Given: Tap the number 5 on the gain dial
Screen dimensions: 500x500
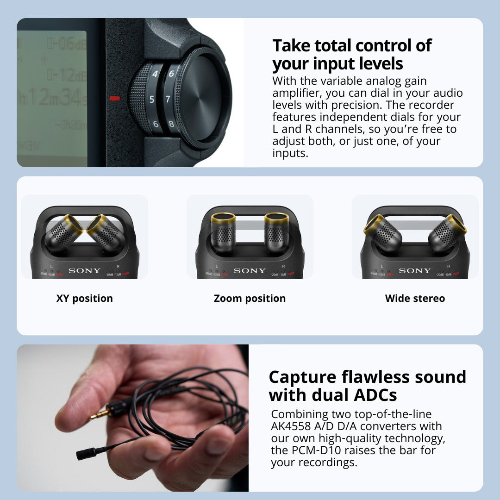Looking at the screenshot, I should pos(152,99).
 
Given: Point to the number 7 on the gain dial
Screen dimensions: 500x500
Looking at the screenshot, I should pos(168,99).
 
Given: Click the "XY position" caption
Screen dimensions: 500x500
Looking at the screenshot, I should pos(84,299).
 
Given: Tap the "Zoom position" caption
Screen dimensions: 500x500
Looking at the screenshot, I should pos(250,299).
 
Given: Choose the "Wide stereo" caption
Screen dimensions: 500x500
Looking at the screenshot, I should pos(415,299).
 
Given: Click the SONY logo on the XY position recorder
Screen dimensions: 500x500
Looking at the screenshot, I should pos(84,270).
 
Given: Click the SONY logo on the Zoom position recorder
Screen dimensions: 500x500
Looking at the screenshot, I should pos(250,270).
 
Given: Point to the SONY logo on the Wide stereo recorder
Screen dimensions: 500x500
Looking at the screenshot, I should pos(415,270).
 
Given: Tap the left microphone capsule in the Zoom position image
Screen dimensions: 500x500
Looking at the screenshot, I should pos(223,232).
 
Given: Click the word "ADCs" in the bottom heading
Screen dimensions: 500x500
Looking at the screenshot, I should pos(373,395).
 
